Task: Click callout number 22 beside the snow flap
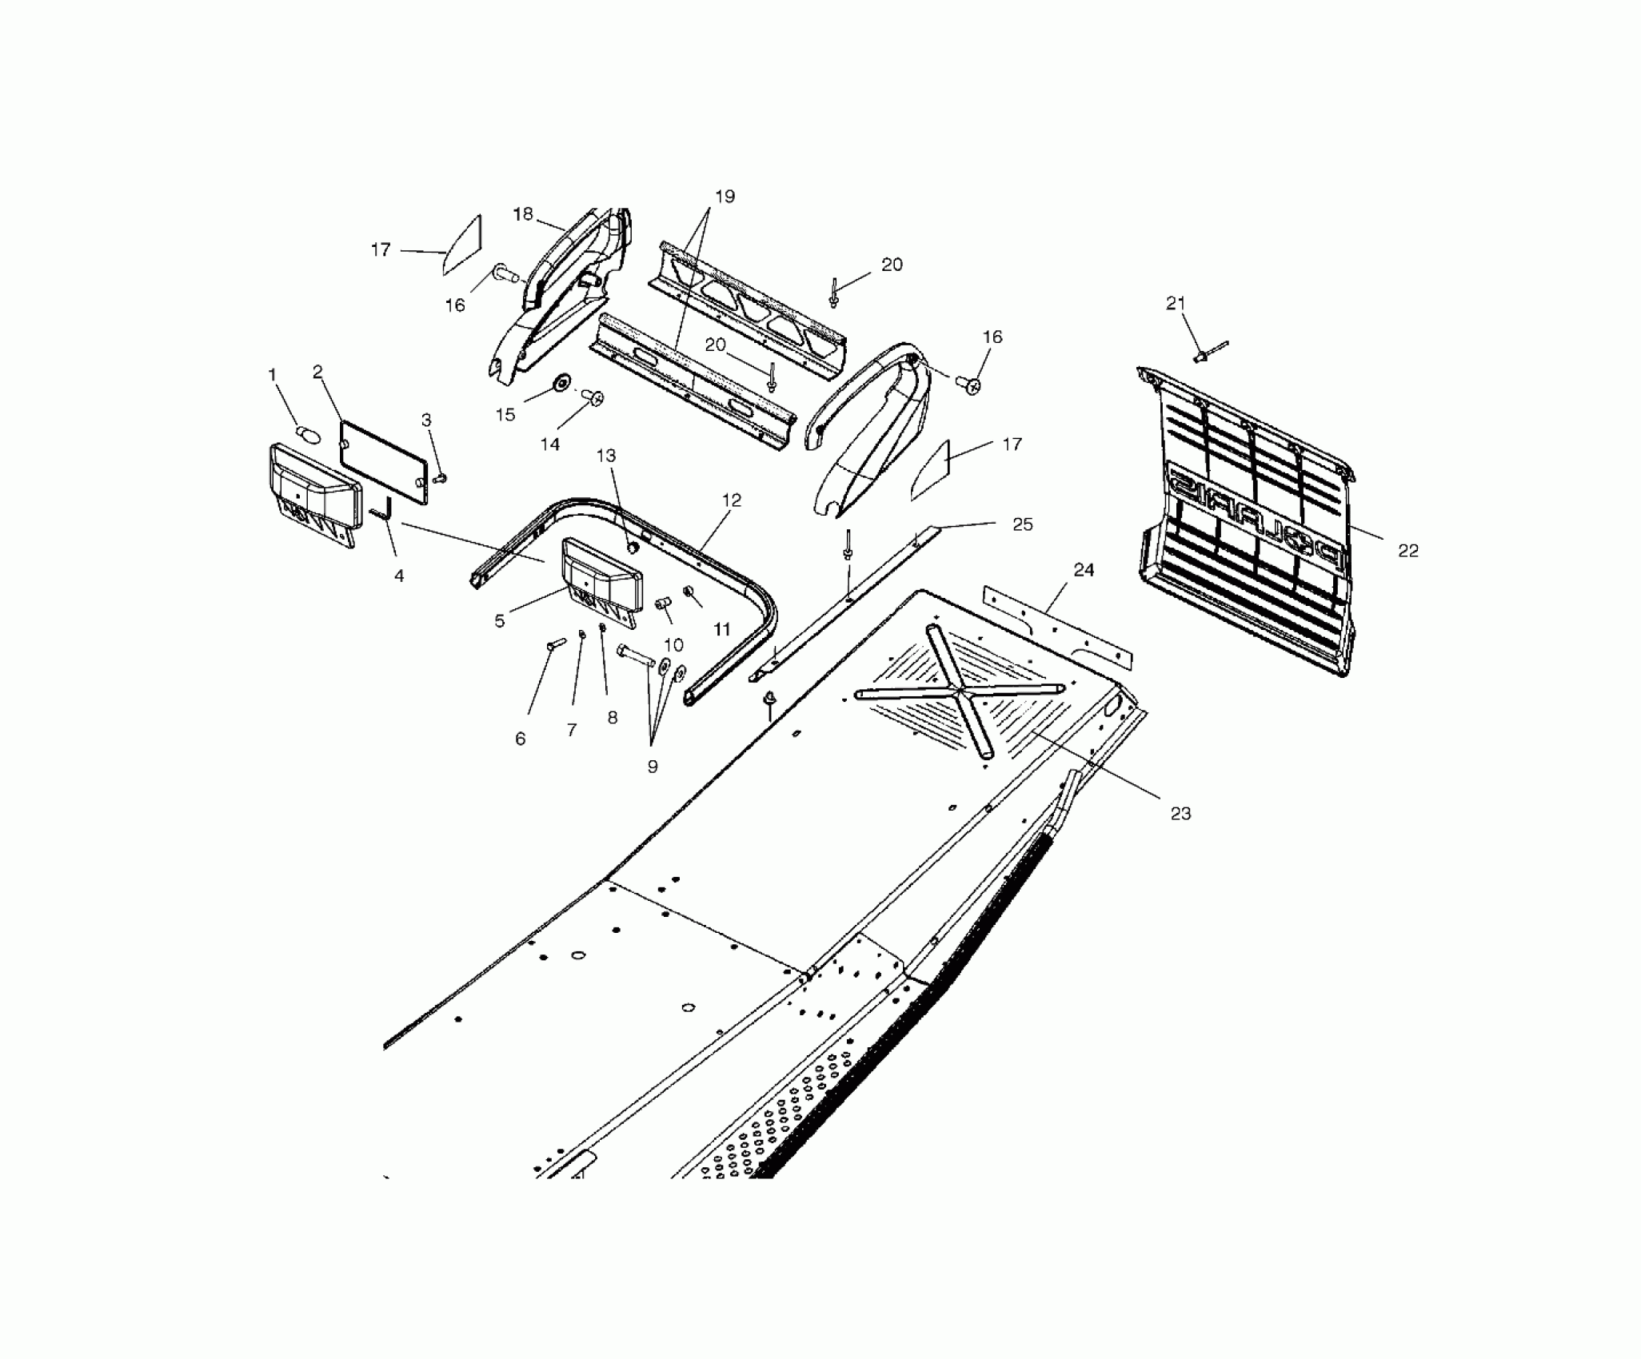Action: pos(1407,551)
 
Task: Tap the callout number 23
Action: pos(1180,814)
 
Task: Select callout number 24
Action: pos(1084,570)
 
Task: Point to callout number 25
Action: pos(1023,524)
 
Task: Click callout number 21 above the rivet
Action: pos(1176,303)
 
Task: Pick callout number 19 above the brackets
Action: pos(725,197)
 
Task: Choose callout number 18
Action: pos(523,214)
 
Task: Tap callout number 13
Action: pos(606,456)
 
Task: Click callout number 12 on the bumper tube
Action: pos(732,500)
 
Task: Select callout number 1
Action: pos(272,374)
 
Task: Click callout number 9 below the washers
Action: pos(653,766)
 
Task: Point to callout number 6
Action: pos(521,739)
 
